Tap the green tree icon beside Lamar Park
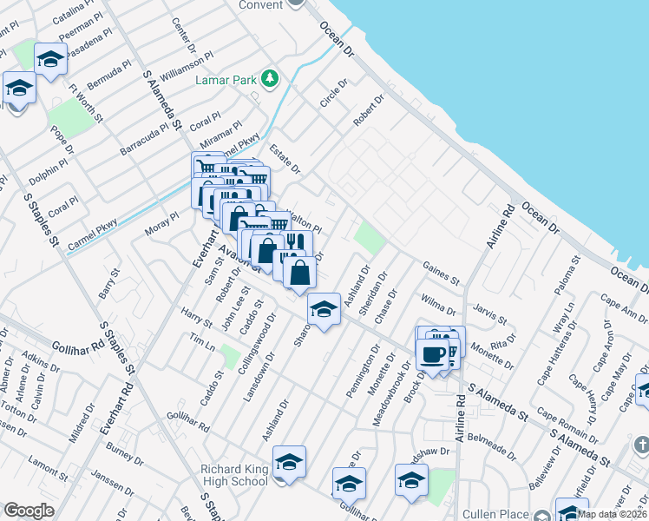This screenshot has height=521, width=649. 270,79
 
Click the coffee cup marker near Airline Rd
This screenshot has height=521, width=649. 432,353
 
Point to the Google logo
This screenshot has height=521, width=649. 29,511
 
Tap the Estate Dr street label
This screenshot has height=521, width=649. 285,158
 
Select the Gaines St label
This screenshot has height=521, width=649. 441,273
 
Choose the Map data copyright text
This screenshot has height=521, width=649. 613,514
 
